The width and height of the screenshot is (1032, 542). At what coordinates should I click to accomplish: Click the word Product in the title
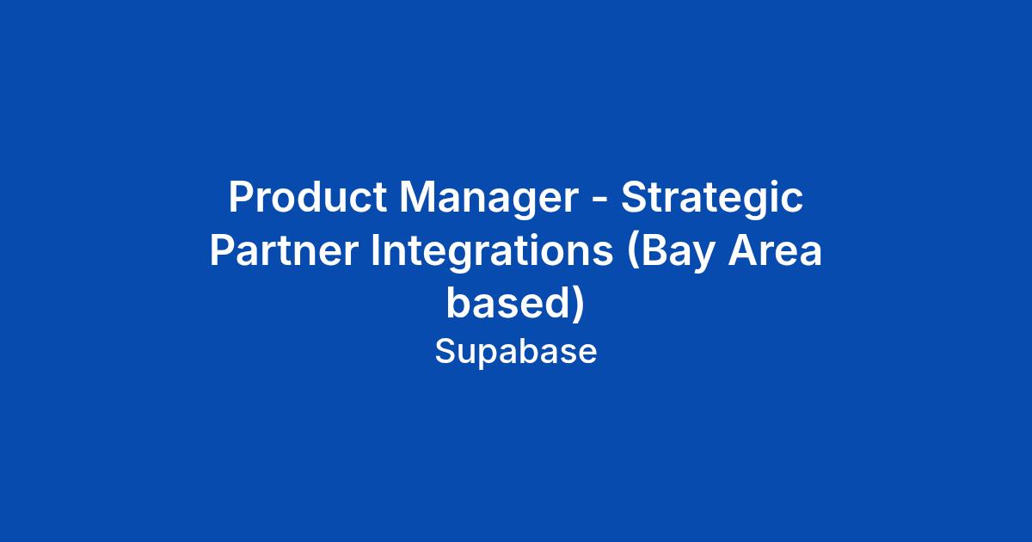click(308, 197)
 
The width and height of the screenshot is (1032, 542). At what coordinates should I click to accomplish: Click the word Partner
click(285, 250)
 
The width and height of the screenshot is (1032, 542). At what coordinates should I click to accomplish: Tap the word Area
click(775, 250)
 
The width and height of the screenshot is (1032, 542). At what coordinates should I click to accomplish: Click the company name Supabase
click(516, 351)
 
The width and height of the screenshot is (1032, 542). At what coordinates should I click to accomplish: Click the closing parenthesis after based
click(579, 305)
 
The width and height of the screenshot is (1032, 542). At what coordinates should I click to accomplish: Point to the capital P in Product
click(241, 197)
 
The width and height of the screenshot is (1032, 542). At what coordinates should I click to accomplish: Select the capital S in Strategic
click(635, 197)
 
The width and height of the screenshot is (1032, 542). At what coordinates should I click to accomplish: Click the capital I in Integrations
click(374, 250)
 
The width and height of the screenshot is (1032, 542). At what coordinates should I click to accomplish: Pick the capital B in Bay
click(654, 250)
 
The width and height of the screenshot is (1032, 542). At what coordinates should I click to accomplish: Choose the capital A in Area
click(743, 250)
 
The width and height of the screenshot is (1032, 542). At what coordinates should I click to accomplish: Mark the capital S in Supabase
click(445, 351)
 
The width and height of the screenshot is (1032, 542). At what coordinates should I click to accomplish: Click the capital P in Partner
click(223, 250)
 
